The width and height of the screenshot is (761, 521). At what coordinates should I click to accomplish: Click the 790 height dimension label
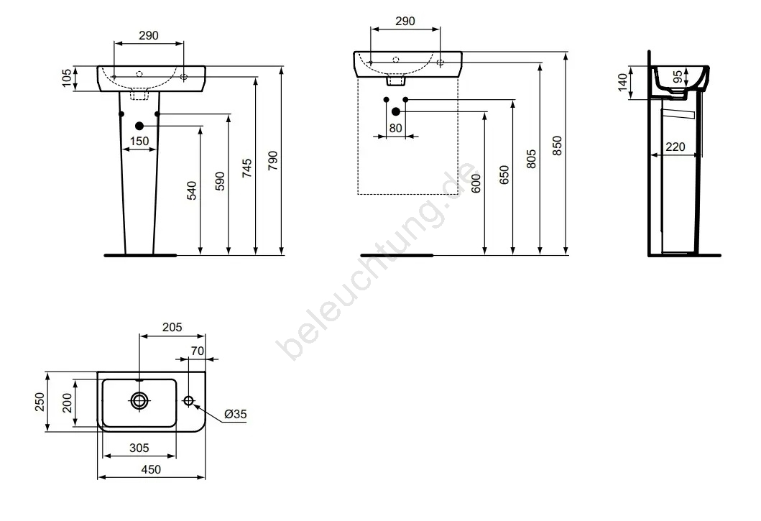click(x=273, y=161)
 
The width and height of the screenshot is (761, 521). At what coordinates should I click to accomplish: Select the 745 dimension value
click(x=247, y=168)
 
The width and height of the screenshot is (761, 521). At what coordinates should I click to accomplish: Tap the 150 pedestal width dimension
click(x=139, y=142)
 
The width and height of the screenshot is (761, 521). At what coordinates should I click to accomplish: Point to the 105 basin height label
click(x=67, y=78)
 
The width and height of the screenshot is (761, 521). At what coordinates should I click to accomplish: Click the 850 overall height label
click(x=557, y=146)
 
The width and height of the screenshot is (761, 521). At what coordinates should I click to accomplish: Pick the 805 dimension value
click(x=532, y=160)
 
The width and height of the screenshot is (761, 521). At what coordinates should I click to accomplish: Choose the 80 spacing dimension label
click(x=395, y=128)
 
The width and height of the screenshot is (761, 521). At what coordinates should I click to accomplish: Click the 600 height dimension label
click(x=476, y=183)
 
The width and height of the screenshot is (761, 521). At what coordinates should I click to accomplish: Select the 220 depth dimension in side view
click(x=675, y=147)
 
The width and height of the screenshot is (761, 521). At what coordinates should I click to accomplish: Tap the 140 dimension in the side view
click(x=622, y=83)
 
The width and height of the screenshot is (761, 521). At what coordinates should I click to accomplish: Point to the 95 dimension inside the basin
click(x=678, y=77)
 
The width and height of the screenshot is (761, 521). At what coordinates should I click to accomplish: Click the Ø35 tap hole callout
click(x=236, y=414)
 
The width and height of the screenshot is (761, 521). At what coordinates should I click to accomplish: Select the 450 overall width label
click(x=151, y=469)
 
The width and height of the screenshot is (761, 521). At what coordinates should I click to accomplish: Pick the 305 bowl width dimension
click(x=139, y=448)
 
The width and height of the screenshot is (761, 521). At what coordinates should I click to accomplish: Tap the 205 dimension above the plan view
click(x=172, y=327)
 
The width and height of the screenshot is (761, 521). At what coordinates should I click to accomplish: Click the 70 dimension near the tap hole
click(x=198, y=351)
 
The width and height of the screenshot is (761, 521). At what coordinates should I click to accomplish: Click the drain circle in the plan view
click(x=139, y=400)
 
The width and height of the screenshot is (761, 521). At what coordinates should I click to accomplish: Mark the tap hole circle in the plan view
click(x=189, y=400)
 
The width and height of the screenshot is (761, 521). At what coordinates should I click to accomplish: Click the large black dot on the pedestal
click(x=139, y=126)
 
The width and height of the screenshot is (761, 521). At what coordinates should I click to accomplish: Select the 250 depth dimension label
click(x=40, y=402)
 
